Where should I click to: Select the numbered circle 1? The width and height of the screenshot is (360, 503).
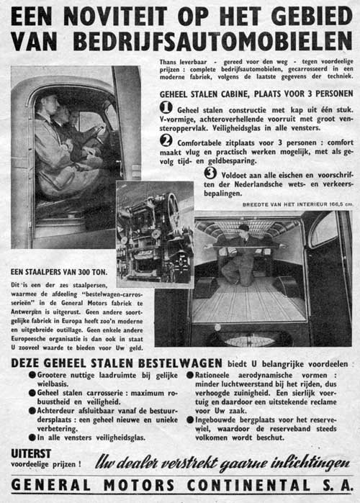coord(166,107)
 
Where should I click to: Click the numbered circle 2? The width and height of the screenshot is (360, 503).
coord(166,140)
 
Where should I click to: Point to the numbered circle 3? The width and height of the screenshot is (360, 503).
coord(210,173)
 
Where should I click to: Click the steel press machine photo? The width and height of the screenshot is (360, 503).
coord(155,234)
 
